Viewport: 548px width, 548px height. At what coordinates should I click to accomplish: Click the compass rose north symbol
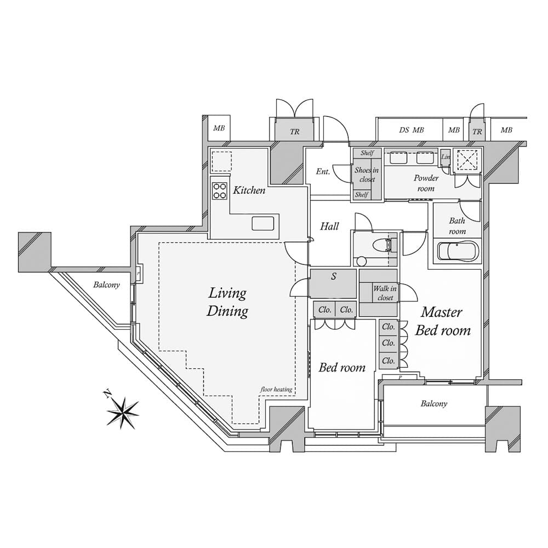click(x=123, y=410)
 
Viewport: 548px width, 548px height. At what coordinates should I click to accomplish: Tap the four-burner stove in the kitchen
click(x=220, y=190)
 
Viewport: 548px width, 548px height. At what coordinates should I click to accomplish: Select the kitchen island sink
click(x=263, y=223)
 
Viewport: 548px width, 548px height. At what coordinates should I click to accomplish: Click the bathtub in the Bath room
click(x=458, y=252)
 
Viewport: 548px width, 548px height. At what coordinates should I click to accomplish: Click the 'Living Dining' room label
click(x=227, y=302)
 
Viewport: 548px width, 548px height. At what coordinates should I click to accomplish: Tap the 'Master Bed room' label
click(x=442, y=321)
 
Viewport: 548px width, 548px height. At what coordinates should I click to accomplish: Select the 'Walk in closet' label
click(x=385, y=293)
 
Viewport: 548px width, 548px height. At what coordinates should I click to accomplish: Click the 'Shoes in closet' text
click(x=366, y=175)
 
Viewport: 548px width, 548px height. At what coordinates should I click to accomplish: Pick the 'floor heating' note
click(x=276, y=390)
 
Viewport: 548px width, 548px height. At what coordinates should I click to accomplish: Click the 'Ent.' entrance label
click(x=323, y=172)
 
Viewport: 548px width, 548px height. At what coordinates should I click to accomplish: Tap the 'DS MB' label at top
click(x=412, y=130)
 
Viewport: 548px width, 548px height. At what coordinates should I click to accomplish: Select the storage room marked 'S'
click(x=333, y=283)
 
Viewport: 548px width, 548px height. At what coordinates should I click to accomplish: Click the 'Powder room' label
click(x=426, y=183)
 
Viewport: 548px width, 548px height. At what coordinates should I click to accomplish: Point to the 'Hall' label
click(x=330, y=226)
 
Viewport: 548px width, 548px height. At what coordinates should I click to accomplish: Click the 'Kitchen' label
click(x=249, y=190)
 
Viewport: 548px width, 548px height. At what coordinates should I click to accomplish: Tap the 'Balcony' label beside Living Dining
click(x=106, y=285)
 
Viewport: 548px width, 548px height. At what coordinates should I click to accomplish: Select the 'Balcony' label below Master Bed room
click(x=434, y=404)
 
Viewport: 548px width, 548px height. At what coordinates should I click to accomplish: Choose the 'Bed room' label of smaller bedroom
click(x=342, y=367)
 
